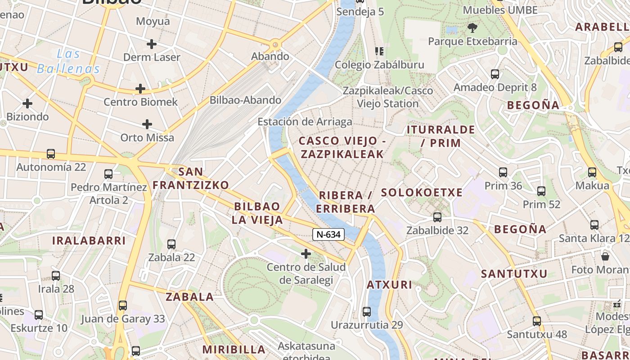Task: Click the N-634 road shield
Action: (328, 234)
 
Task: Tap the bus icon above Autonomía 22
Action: (51, 154)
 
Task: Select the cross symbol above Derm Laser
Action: (152, 44)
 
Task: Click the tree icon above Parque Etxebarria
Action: (472, 28)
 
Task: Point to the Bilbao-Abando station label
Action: (245, 100)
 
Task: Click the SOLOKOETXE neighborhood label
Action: (422, 193)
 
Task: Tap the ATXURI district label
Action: (389, 284)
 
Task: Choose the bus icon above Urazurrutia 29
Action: (367, 311)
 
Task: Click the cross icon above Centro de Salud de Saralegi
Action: (306, 254)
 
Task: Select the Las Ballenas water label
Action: (68, 62)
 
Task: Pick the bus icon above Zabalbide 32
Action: (437, 217)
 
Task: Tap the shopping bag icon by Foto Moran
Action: (605, 256)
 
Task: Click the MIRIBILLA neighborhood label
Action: (234, 349)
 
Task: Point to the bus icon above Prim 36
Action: (503, 172)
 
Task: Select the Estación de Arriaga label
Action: (305, 122)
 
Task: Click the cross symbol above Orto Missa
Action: (147, 124)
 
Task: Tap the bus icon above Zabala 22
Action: (171, 244)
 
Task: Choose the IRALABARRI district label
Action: (89, 240)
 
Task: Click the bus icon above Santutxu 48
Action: (536, 321)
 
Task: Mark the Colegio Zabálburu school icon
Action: (379, 51)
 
